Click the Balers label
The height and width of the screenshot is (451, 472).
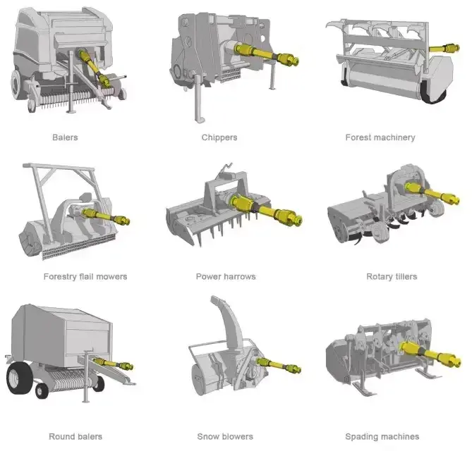[65, 137]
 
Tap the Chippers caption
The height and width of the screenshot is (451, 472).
[219, 137]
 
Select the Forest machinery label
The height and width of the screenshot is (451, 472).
[380, 137]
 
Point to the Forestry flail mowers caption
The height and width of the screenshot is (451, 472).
[85, 277]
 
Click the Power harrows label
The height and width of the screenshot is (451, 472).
[226, 277]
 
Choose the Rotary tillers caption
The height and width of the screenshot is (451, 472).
[392, 277]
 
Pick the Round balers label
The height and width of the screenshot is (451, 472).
[75, 437]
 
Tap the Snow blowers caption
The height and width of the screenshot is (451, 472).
[225, 437]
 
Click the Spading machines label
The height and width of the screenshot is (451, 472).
[382, 437]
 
